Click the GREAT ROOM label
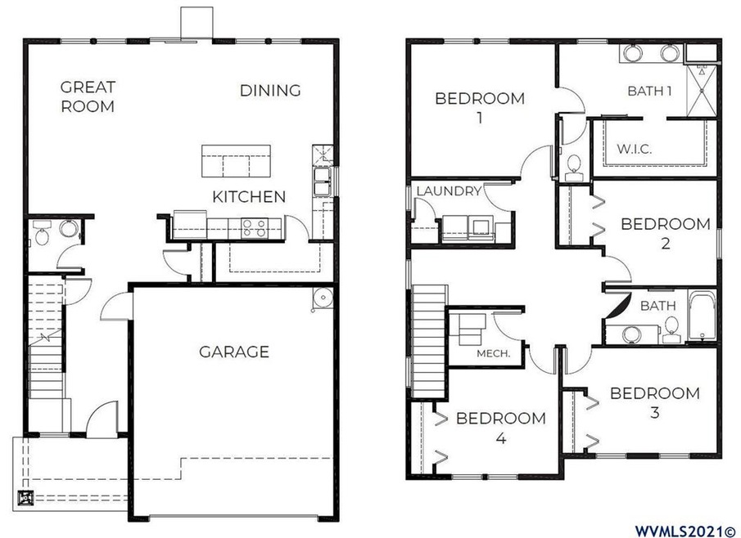click(x=88, y=96)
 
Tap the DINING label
click(x=270, y=90)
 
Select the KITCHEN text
click(x=249, y=196)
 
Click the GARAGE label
click(x=233, y=352)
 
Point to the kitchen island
click(x=237, y=160)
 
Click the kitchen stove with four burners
click(x=255, y=227)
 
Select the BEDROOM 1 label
click(x=479, y=107)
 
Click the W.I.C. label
click(x=634, y=150)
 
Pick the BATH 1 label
click(x=649, y=90)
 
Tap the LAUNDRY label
click(x=448, y=191)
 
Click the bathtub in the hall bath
click(x=703, y=316)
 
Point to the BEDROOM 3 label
click(x=654, y=402)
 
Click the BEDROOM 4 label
click(x=500, y=428)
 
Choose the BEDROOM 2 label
click(x=665, y=232)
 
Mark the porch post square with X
click(x=27, y=496)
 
